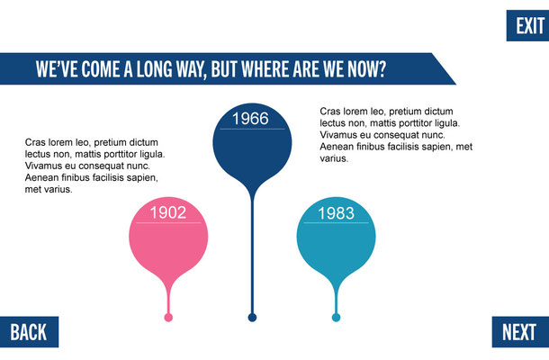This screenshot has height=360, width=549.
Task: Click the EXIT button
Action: coord(527,25)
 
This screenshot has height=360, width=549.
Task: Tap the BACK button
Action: coord(29,332)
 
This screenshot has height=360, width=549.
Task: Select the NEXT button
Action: coord(520,332)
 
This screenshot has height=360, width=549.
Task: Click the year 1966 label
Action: coord(251,119)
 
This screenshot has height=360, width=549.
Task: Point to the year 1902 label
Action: coord(168,212)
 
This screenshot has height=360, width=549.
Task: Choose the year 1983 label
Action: coord(336,213)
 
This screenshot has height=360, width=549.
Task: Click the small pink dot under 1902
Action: coord(168,318)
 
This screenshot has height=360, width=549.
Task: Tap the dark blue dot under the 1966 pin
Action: coord(252,318)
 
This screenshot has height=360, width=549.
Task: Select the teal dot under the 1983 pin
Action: coord(336,318)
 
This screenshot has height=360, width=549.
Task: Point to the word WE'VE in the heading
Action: coord(57,68)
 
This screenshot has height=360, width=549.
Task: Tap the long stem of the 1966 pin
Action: coord(252,256)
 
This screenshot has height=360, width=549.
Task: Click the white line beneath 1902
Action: coord(168,222)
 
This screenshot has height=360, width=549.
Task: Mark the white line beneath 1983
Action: coord(336,222)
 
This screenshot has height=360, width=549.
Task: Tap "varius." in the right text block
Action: coord(334,158)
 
